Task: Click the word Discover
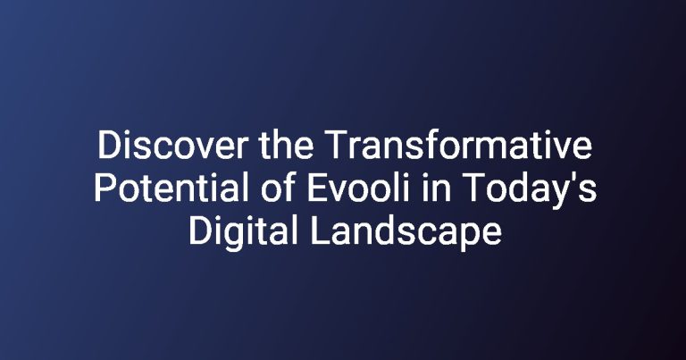pos(172,146)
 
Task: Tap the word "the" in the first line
pos(286,145)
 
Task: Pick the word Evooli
pos(359,188)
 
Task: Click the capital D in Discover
pos(107,146)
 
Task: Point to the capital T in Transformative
pos(336,146)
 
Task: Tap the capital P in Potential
pos(105,188)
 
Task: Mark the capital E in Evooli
pos(317,188)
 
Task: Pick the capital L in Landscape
pos(320,230)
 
